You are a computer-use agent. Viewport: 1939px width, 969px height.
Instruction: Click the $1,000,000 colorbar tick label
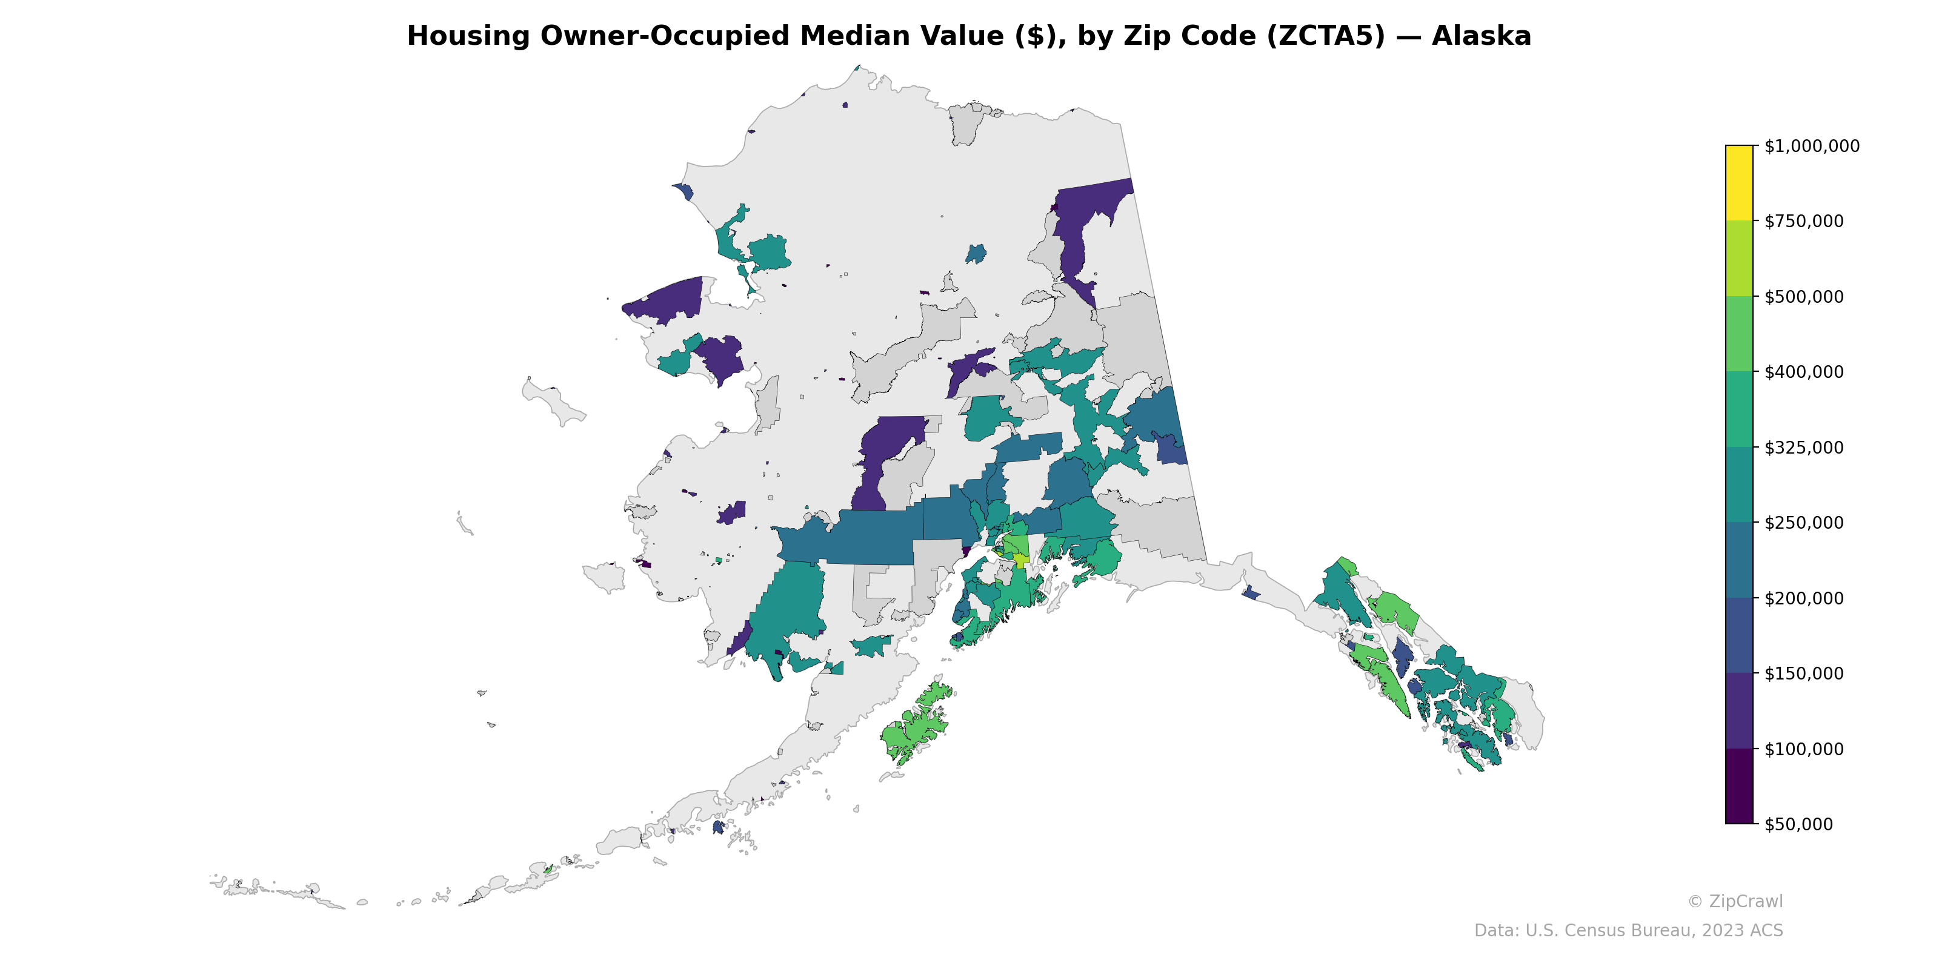click(1811, 146)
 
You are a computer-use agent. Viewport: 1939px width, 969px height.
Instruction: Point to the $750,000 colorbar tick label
click(1803, 221)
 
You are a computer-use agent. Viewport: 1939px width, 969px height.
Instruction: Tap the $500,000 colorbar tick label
click(1803, 296)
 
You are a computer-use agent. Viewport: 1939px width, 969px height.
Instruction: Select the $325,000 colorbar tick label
click(1803, 448)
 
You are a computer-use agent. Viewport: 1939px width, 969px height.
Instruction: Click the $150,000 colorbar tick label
click(1803, 673)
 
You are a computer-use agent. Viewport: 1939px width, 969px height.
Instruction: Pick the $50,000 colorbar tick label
click(1799, 824)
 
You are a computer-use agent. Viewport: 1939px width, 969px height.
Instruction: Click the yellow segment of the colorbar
click(1739, 183)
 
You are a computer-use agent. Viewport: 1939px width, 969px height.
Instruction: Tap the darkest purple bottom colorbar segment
click(1739, 786)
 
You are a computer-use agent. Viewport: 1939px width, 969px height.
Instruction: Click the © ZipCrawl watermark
click(1734, 901)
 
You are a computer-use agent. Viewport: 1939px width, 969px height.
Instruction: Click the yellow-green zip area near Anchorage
click(1020, 560)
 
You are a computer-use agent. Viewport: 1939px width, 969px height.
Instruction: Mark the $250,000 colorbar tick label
click(1803, 523)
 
